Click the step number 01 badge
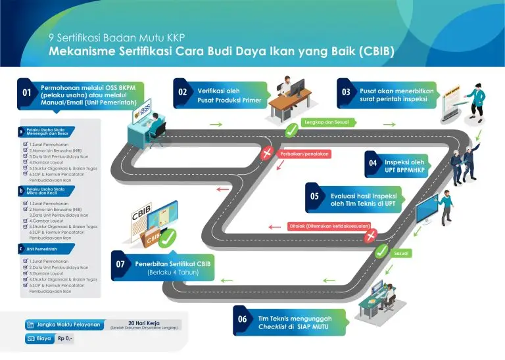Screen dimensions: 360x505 pos(27,93)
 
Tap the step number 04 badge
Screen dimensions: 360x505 pos(373,162)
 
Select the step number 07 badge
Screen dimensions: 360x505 pos(120,265)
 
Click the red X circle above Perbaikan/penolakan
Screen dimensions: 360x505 pos(266,154)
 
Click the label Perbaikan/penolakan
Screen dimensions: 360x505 pos(304,154)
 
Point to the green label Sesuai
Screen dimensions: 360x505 pos(402,252)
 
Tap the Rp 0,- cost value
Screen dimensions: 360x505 pos(66,339)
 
